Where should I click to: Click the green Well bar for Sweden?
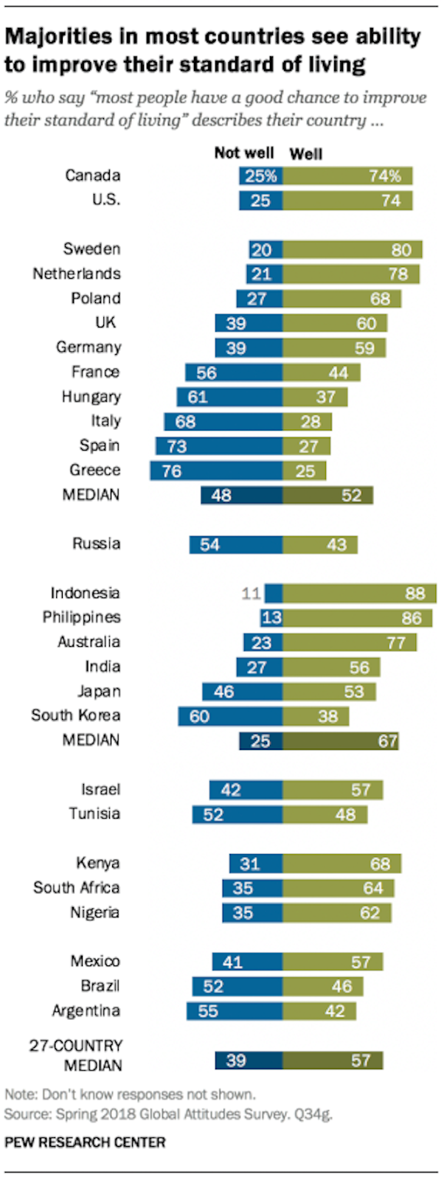point(352,249)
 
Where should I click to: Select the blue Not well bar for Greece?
point(215,471)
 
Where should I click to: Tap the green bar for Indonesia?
point(359,593)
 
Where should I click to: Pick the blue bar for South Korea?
point(229,716)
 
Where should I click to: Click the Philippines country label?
point(81,617)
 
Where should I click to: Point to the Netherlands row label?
point(76,274)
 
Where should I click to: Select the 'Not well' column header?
point(243,153)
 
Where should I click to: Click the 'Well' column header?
point(306,153)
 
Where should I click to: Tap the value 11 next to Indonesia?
point(252,593)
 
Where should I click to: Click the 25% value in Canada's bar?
point(261,176)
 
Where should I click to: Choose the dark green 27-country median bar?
point(333,1061)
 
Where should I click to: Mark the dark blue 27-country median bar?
point(249,1061)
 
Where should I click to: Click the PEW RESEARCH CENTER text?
point(85,1142)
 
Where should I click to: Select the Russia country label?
point(96,544)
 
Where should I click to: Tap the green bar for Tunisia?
point(325,814)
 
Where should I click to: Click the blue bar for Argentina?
point(235,1011)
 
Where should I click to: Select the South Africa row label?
point(76,888)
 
